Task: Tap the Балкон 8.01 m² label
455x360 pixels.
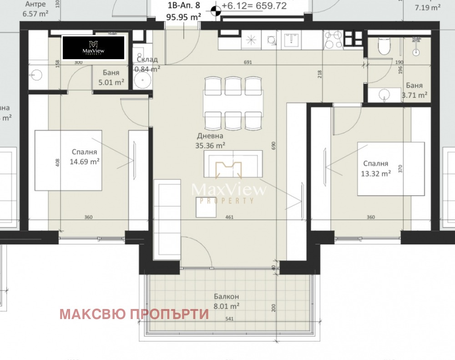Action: pyautogui.click(x=227, y=302)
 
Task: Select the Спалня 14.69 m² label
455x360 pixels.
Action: pyautogui.click(x=85, y=157)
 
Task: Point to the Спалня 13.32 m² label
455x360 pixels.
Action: pyautogui.click(x=375, y=168)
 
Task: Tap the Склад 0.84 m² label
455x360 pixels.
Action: pyautogui.click(x=147, y=64)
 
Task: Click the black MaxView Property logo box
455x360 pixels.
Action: pyautogui.click(x=94, y=48)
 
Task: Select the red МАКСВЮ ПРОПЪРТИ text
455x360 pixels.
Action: pyautogui.click(x=134, y=314)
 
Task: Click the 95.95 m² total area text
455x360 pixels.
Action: pyautogui.click(x=184, y=17)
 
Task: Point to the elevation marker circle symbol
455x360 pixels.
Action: pyautogui.click(x=216, y=8)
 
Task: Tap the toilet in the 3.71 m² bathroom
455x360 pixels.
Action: pyautogui.click(x=384, y=46)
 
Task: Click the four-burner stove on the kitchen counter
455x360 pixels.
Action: pyautogui.click(x=336, y=40)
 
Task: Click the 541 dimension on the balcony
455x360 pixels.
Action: pyautogui.click(x=229, y=319)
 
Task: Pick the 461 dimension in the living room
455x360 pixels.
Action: pyautogui.click(x=229, y=217)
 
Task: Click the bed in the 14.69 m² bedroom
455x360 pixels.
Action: pyautogui.click(x=69, y=160)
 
